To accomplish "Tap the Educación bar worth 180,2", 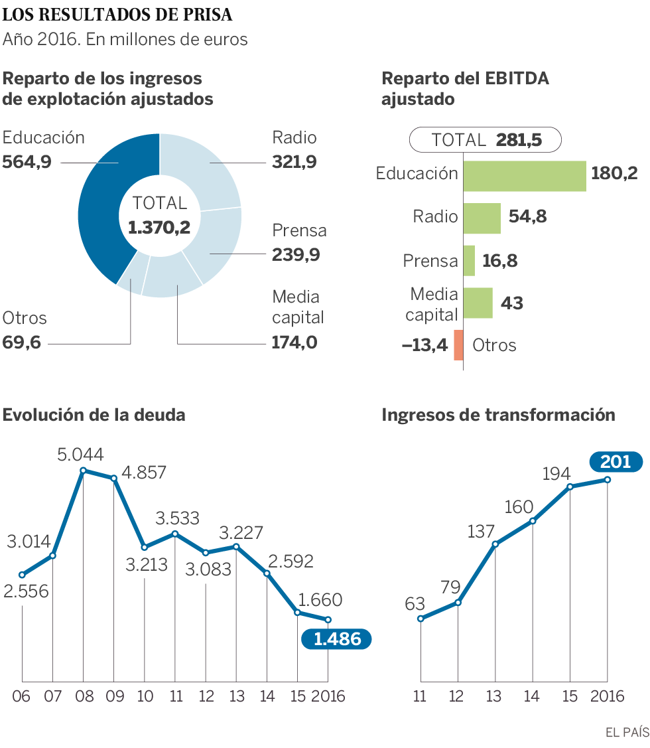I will pos(524,176).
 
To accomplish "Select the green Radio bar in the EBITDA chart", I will pos(482,218).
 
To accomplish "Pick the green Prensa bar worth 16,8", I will pos(469,260).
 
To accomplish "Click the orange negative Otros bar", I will pos(458,345).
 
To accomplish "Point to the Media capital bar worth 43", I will pos(478,303).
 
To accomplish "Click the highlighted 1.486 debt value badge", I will pos(337,639).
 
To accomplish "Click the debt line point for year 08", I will pos(83,471).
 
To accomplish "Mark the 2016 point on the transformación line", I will pos(607,479).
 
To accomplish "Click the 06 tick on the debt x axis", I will pos(22,696).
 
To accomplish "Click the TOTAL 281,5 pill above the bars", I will pos(486,140).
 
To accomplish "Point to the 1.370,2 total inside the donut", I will pos(159,228).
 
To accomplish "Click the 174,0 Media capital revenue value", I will pos(294,342).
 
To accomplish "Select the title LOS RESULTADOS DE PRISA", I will pos(118,14).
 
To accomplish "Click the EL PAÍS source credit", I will pos(627,732).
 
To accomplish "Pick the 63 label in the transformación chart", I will pos(415,604).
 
